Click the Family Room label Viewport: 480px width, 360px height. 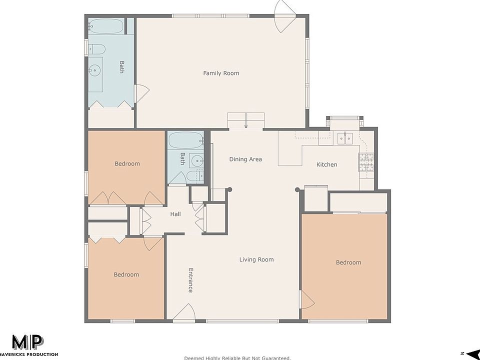pos(221,73)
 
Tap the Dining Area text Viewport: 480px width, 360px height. pos(245,159)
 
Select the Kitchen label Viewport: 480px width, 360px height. pos(326,164)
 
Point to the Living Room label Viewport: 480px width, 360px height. pos(256,259)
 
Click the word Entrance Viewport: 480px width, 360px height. pos(190,280)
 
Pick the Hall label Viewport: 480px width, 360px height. pos(175,214)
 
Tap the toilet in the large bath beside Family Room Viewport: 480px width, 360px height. pos(96,49)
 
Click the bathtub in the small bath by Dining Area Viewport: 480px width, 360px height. pos(185,140)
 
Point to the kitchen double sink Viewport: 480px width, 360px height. pos(345,138)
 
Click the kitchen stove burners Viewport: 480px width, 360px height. pos(366,162)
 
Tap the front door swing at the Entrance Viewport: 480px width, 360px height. pos(186,311)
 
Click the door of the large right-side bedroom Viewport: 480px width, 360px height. pos(306,300)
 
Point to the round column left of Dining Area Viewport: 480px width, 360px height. pos(230,189)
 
